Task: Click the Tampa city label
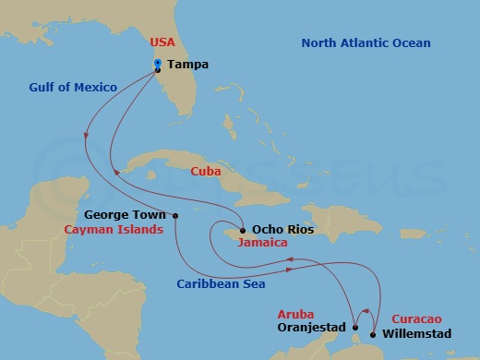coord(188,65)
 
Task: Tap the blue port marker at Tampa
coord(158,63)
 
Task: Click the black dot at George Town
coord(175,216)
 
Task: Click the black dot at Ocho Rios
coord(242,231)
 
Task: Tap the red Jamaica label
coord(260,245)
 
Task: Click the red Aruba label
coord(296,313)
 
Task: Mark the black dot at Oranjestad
coord(355,327)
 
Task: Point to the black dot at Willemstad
coord(373,334)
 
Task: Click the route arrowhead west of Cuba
coord(114,172)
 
